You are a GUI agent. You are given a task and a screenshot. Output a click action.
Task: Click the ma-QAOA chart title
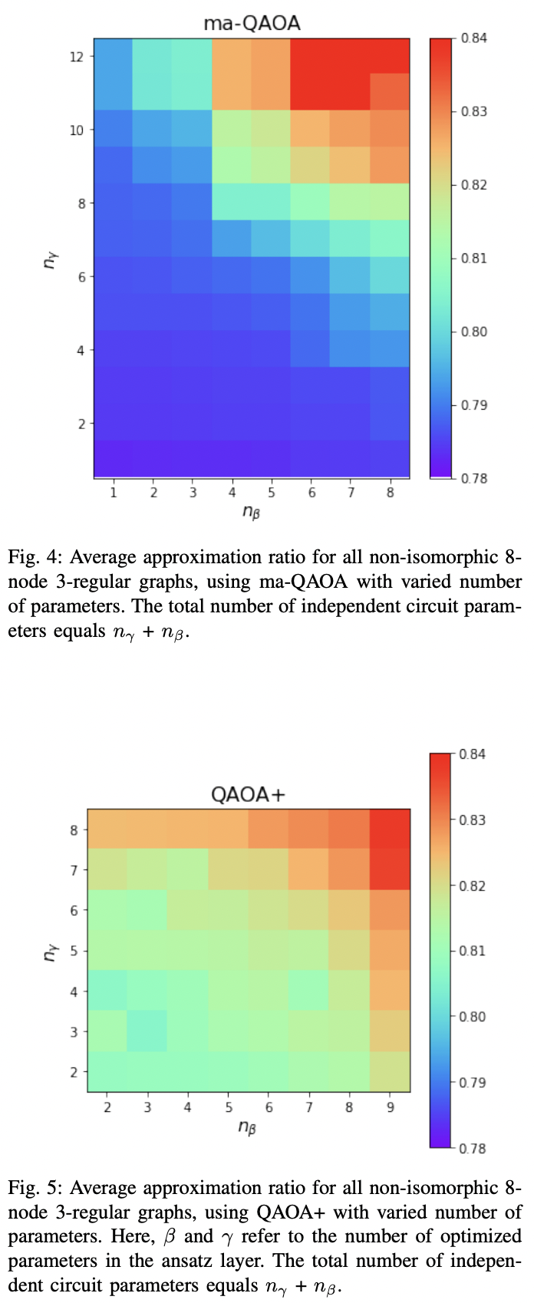tap(252, 24)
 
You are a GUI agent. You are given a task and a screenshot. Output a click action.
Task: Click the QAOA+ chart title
tap(248, 794)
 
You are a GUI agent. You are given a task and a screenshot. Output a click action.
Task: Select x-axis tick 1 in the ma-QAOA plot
tap(114, 493)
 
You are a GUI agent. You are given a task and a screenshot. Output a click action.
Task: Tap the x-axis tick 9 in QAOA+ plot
tap(390, 1107)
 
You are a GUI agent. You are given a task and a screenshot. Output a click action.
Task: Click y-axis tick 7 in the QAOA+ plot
tap(74, 869)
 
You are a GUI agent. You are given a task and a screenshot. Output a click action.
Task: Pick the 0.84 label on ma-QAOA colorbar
tap(474, 38)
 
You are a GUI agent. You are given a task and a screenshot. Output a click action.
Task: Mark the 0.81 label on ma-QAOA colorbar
tap(474, 258)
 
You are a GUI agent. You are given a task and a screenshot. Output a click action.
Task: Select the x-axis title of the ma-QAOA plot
tap(251, 512)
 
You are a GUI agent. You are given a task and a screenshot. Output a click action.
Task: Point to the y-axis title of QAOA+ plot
tap(51, 950)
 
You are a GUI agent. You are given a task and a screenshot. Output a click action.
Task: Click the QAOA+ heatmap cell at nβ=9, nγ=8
tap(390, 829)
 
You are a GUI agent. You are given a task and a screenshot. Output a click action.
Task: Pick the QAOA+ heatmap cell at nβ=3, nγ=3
tap(147, 1031)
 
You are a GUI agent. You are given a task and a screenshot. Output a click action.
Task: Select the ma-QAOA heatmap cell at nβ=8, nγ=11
tap(390, 92)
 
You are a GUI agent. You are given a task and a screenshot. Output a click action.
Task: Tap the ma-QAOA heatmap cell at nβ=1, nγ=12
tap(114, 56)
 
